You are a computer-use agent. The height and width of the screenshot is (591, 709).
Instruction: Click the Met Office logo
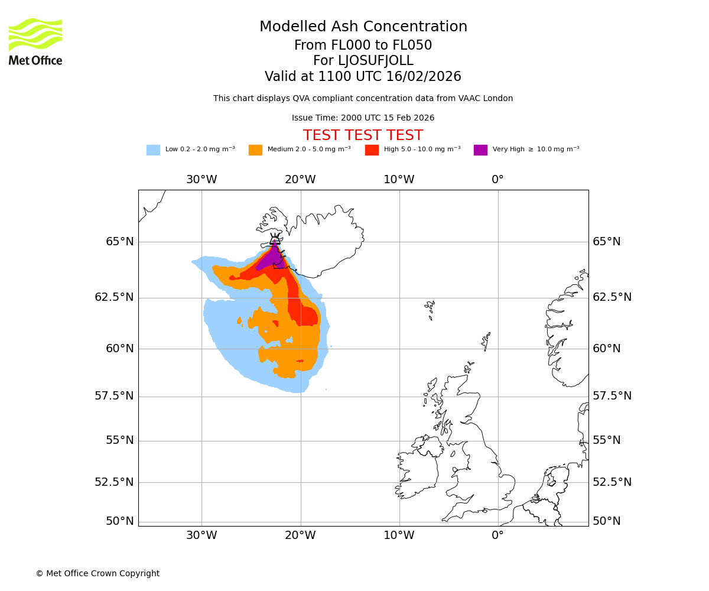pyautogui.click(x=35, y=41)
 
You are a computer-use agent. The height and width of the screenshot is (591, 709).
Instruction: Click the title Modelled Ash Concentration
pyautogui.click(x=363, y=27)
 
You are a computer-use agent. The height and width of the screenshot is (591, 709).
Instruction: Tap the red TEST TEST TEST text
pyautogui.click(x=363, y=136)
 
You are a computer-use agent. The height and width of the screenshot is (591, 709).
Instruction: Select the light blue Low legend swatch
pyautogui.click(x=153, y=150)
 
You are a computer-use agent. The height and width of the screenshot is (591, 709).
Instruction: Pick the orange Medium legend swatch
pyautogui.click(x=255, y=150)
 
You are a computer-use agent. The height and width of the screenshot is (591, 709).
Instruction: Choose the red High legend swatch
pyautogui.click(x=372, y=150)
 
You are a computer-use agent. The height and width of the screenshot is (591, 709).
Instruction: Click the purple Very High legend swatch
pyautogui.click(x=480, y=150)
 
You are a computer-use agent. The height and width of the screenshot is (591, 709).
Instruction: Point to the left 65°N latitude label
pyautogui.click(x=120, y=242)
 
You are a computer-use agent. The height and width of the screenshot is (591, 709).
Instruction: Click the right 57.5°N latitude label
pyautogui.click(x=612, y=396)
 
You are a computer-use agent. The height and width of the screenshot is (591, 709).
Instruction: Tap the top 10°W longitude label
pyautogui.click(x=399, y=180)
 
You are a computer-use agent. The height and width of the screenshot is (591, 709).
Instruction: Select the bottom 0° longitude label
pyautogui.click(x=498, y=535)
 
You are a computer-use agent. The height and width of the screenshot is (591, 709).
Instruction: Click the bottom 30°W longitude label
pyautogui.click(x=201, y=535)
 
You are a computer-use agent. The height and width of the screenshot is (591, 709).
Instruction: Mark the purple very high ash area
pyautogui.click(x=272, y=258)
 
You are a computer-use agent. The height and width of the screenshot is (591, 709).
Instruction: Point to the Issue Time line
pyautogui.click(x=363, y=118)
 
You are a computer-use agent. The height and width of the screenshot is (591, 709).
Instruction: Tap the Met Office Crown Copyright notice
pyautogui.click(x=97, y=574)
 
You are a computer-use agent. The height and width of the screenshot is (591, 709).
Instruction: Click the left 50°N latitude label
pyautogui.click(x=120, y=521)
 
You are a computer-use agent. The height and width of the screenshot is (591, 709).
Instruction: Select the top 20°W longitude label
pyautogui.click(x=300, y=180)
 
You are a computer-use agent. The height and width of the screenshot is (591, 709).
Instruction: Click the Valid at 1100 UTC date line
pyautogui.click(x=363, y=77)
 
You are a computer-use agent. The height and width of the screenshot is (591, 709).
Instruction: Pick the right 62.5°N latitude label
pyautogui.click(x=612, y=297)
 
